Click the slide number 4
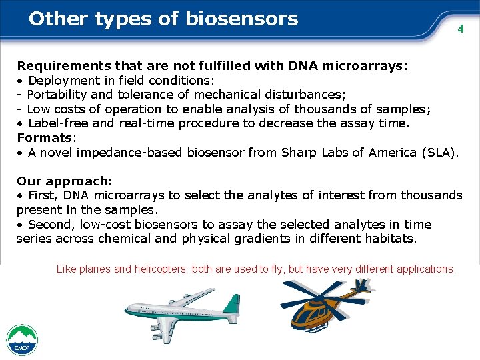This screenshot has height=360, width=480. [x=459, y=29]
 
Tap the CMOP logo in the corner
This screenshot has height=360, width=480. [x=22, y=341]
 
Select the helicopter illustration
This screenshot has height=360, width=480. [x=325, y=306]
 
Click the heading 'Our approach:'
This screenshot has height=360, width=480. [x=65, y=181]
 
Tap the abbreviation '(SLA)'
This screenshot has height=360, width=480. [x=439, y=152]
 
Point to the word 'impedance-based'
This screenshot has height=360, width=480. [x=126, y=152]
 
